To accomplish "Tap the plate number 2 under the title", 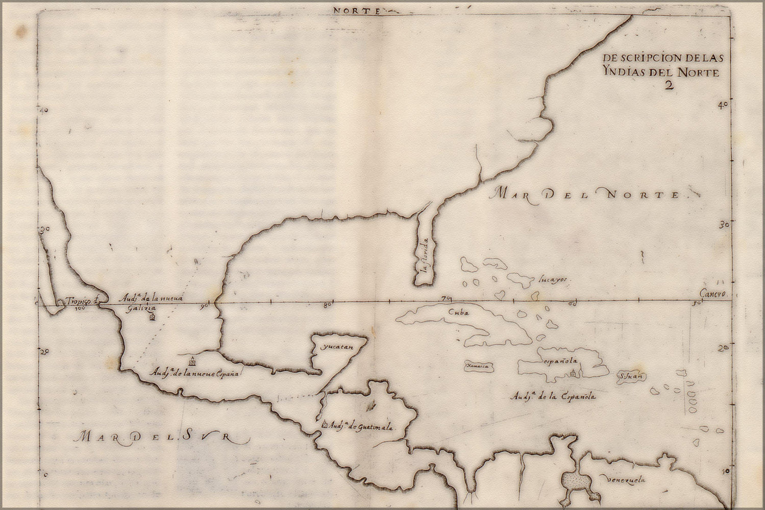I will pos(669,85).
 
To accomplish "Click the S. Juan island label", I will pos(631,377).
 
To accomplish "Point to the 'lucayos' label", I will pos(552,279).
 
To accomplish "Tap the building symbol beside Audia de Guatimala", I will pos(325,424).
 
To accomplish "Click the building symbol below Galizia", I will pos(152,318).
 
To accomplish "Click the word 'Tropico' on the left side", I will pos(77,300).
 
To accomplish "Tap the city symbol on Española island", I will pos(574,372).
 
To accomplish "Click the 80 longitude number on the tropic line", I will pos(327,305).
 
